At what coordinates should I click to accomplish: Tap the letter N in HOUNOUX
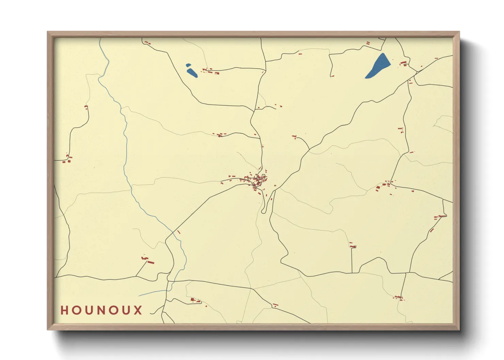(x=101, y=310)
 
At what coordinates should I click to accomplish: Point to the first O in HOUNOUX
(x=76, y=310)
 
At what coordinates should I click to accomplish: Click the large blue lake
(x=378, y=66)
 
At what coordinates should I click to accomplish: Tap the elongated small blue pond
(x=192, y=72)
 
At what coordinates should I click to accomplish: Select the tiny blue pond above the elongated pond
(x=188, y=65)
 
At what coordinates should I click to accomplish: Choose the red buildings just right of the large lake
(x=404, y=63)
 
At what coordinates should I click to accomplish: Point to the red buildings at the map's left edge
(x=67, y=159)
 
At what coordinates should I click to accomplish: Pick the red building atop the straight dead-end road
(x=352, y=246)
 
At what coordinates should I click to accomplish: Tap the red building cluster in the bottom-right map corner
(x=398, y=298)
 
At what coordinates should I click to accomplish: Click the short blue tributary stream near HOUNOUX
(x=153, y=293)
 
